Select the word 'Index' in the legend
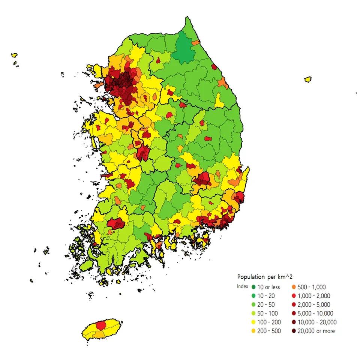pyautogui.click(x=243, y=286)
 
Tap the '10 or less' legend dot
pyautogui.click(x=253, y=287)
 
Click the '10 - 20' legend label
pyautogui.click(x=266, y=296)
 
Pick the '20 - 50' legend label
pyautogui.click(x=266, y=304)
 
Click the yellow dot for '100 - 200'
pyautogui.click(x=253, y=322)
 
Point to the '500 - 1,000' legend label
pyautogui.click(x=312, y=287)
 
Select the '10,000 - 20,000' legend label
pyautogui.click(x=317, y=322)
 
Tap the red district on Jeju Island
pyautogui.click(x=101, y=325)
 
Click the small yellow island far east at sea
pyautogui.click(x=308, y=79)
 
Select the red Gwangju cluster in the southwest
pyautogui.click(x=116, y=223)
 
